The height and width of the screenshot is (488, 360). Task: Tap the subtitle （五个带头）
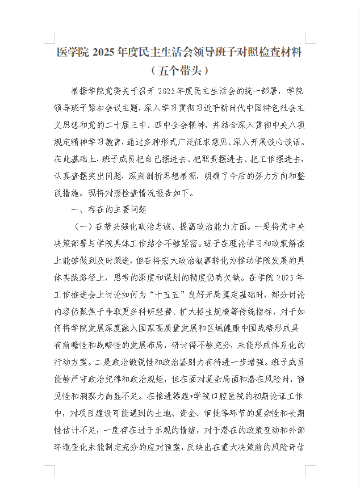pos(180,71)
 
